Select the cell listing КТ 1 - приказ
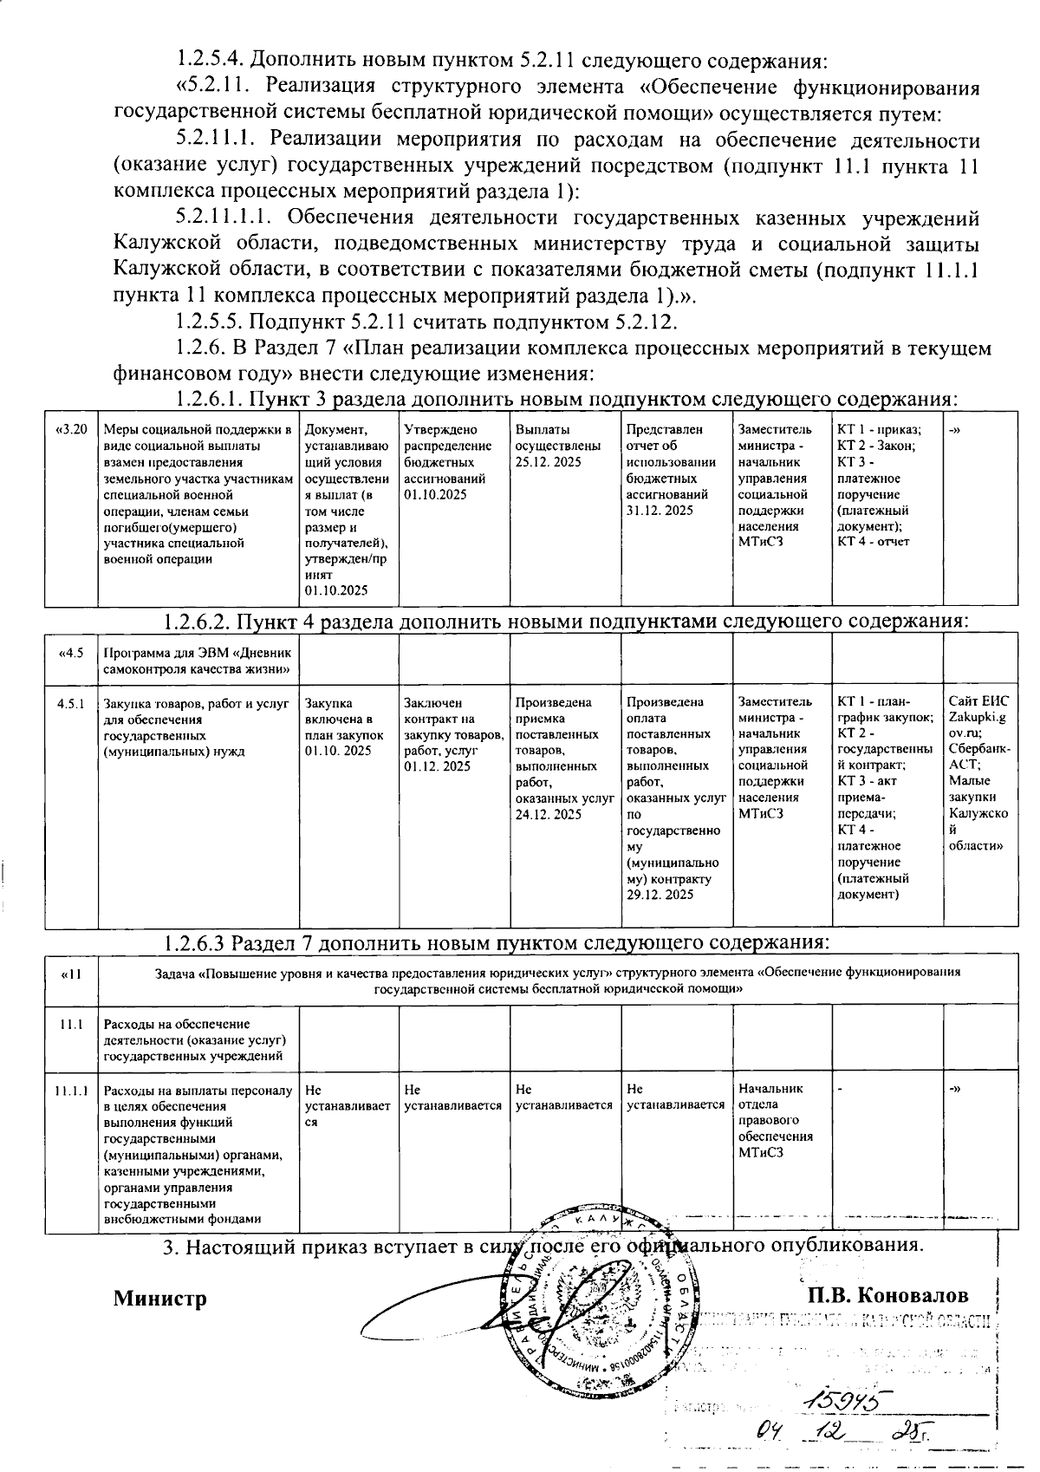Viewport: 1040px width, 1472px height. pyautogui.click(x=886, y=486)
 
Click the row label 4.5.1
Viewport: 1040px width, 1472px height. pyautogui.click(x=70, y=704)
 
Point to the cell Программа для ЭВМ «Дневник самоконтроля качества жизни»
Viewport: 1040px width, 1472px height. pyautogui.click(x=198, y=661)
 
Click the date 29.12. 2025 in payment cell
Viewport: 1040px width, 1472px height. pyautogui.click(x=660, y=895)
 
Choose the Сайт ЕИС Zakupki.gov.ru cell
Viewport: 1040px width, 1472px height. pyautogui.click(x=978, y=772)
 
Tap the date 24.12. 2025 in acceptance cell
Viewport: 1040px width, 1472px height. pyautogui.click(x=548, y=815)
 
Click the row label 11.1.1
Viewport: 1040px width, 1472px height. pyautogui.click(x=70, y=1090)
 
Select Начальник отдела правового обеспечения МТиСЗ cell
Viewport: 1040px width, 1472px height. pyautogui.click(x=776, y=1120)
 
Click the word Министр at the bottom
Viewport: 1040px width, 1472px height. pyautogui.click(x=160, y=1299)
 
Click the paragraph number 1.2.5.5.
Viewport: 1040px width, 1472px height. pyautogui.click(x=211, y=322)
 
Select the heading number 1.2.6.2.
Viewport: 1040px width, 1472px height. pyautogui.click(x=198, y=622)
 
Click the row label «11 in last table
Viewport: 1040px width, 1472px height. pyautogui.click(x=70, y=974)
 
